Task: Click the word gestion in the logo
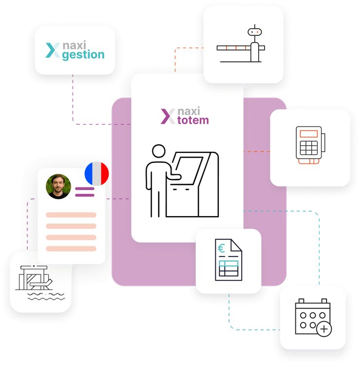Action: (83, 55)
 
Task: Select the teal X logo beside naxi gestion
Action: (53, 50)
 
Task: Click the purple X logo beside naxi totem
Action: (168, 116)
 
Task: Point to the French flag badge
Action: (97, 174)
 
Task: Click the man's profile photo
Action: (58, 187)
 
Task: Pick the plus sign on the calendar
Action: (323, 329)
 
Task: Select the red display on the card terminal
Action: (308, 133)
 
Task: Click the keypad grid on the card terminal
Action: (308, 148)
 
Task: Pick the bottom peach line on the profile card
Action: (71, 248)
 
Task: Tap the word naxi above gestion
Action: (75, 45)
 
